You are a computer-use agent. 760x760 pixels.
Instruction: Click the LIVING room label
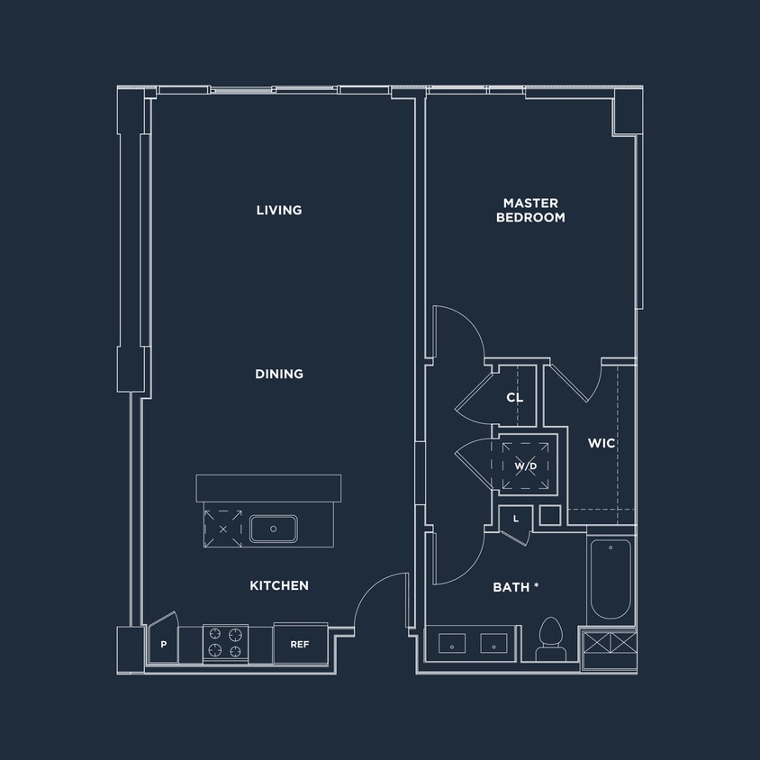click(x=279, y=210)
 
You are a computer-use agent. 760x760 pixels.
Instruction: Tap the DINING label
click(x=279, y=374)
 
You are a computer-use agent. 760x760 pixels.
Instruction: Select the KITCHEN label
click(x=279, y=585)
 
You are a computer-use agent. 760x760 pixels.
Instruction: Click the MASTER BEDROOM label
click(x=530, y=211)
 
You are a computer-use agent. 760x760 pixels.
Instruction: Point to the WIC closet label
click(x=602, y=443)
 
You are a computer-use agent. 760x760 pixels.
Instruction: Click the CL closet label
click(x=514, y=397)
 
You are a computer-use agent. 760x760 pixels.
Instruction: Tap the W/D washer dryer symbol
click(x=526, y=466)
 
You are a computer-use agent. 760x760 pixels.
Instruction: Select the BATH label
click(x=515, y=587)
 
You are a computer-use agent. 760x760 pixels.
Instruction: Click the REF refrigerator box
click(x=300, y=645)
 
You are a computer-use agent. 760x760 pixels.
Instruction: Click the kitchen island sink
click(x=274, y=529)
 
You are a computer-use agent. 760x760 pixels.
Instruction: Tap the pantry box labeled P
click(x=163, y=645)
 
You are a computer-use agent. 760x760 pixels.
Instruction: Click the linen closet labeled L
click(x=516, y=520)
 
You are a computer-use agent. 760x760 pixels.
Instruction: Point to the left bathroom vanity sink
click(x=452, y=643)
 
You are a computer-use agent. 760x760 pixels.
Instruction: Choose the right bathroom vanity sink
click(x=493, y=643)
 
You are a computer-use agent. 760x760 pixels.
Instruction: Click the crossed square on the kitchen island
click(x=222, y=529)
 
